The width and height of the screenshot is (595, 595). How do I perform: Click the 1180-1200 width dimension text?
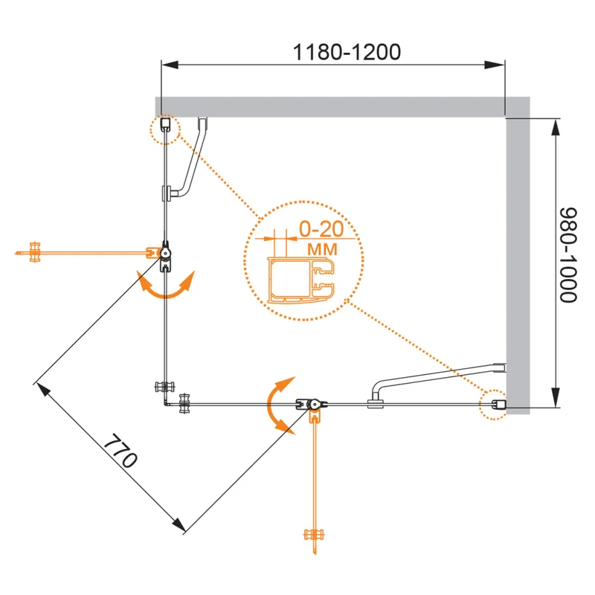(x=347, y=52)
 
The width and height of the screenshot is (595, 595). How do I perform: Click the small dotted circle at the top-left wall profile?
(x=165, y=128)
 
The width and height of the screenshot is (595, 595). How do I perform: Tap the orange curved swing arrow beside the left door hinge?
(x=166, y=286)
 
